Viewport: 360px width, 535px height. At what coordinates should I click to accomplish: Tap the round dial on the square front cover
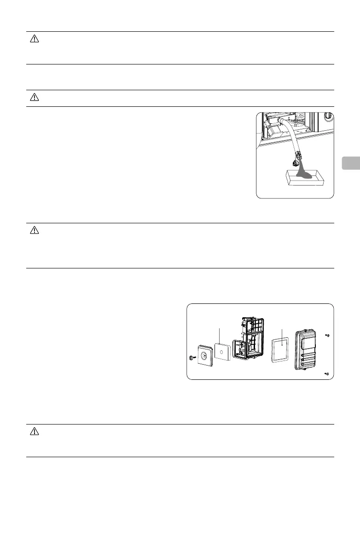point(204,355)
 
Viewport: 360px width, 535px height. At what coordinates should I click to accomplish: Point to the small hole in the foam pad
point(222,351)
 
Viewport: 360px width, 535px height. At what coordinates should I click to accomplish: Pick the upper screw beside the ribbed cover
point(326,335)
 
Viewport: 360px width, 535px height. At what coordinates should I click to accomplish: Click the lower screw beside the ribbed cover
point(326,374)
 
